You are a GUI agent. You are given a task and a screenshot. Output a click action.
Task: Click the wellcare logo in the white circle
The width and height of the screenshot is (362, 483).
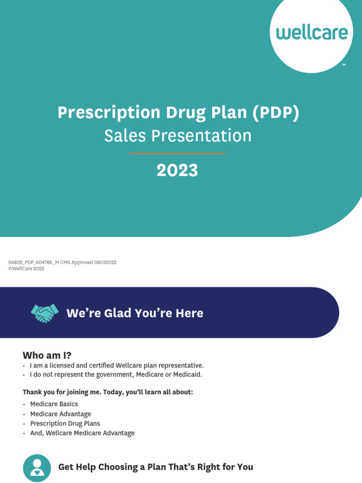pyautogui.click(x=312, y=33)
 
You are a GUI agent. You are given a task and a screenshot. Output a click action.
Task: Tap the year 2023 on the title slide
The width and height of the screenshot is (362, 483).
pyautogui.click(x=177, y=171)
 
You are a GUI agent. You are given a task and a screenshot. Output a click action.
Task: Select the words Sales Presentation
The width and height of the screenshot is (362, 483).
pyautogui.click(x=178, y=136)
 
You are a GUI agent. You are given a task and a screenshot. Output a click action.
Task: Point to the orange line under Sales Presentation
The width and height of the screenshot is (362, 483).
pyautogui.click(x=178, y=153)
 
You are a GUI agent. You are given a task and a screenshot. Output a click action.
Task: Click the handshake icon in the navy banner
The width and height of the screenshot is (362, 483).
pyautogui.click(x=44, y=313)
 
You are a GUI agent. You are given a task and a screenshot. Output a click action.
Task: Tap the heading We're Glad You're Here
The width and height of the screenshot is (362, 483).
pyautogui.click(x=135, y=313)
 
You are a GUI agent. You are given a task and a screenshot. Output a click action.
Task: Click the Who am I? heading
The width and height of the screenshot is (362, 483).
pyautogui.click(x=47, y=355)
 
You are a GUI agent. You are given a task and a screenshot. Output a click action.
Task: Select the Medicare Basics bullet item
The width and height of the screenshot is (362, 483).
pyautogui.click(x=54, y=404)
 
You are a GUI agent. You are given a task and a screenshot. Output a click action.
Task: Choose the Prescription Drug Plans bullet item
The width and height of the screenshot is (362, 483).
pyautogui.click(x=65, y=424)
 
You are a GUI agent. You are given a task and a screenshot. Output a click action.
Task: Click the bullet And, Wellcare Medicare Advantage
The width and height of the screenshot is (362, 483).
pyautogui.click(x=82, y=433)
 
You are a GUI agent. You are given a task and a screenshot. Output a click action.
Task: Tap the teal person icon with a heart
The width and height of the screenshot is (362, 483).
pyautogui.click(x=37, y=468)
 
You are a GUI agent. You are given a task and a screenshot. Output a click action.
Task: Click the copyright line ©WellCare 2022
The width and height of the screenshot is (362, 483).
pyautogui.click(x=26, y=269)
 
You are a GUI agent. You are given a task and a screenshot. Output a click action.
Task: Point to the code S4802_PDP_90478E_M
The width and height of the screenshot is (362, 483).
pyautogui.click(x=32, y=263)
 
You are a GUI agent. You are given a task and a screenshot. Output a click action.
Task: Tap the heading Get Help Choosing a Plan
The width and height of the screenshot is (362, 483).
pyautogui.click(x=156, y=467)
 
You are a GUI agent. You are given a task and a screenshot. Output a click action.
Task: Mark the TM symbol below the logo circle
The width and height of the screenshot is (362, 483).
pyautogui.click(x=344, y=64)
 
